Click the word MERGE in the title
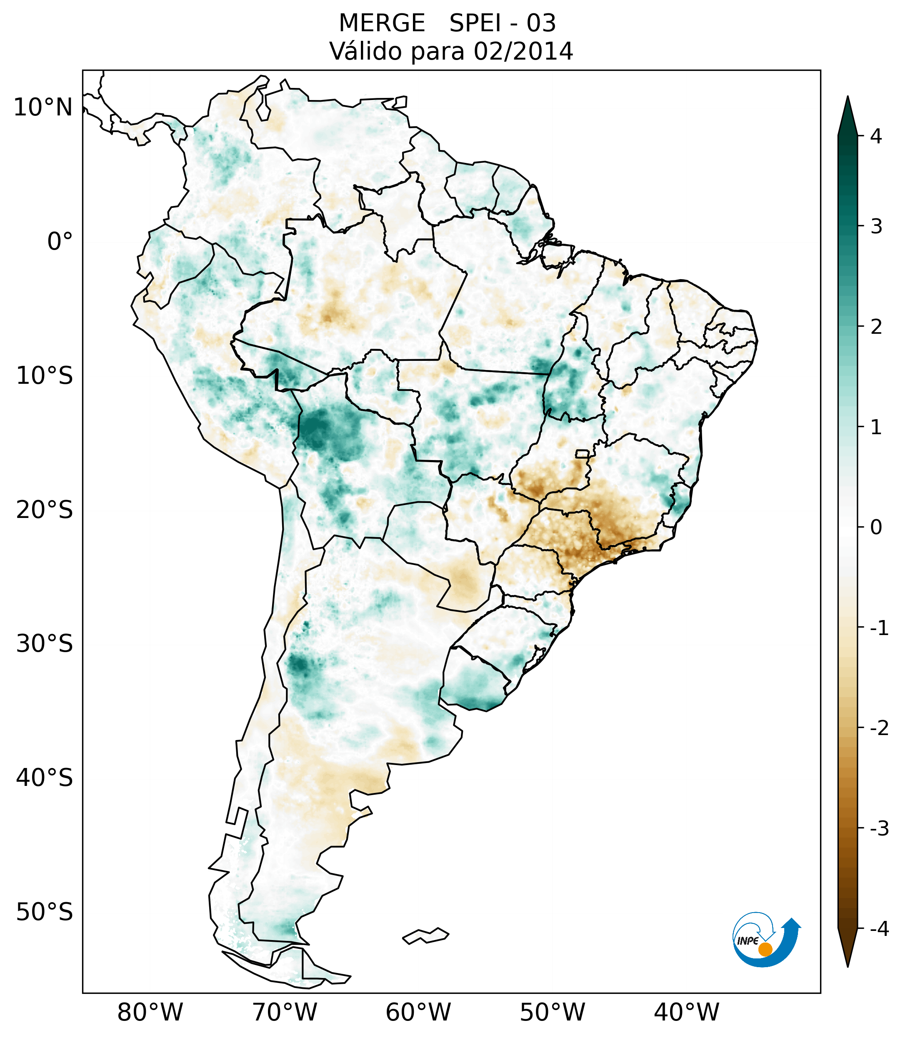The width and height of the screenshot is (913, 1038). tap(381, 23)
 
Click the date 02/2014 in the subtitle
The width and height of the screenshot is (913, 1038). tap(523, 51)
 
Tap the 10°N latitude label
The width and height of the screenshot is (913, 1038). tap(43, 108)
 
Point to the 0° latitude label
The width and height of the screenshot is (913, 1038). tap(60, 242)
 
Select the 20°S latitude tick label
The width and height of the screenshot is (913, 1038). tap(45, 510)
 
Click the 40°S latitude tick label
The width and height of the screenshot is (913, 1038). tap(45, 778)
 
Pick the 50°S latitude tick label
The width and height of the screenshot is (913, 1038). tap(45, 912)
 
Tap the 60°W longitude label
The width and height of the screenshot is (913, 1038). tap(418, 1013)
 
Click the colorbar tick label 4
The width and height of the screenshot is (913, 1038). tap(876, 136)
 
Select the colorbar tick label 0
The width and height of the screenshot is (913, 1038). tap(876, 527)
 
